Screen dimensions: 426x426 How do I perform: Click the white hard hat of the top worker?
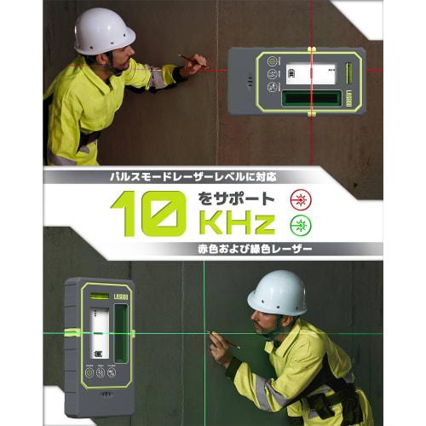pyautogui.click(x=104, y=31)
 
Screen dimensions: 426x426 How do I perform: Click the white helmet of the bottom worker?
pyautogui.click(x=277, y=292)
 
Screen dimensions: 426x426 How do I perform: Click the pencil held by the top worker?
pyautogui.click(x=191, y=59)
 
